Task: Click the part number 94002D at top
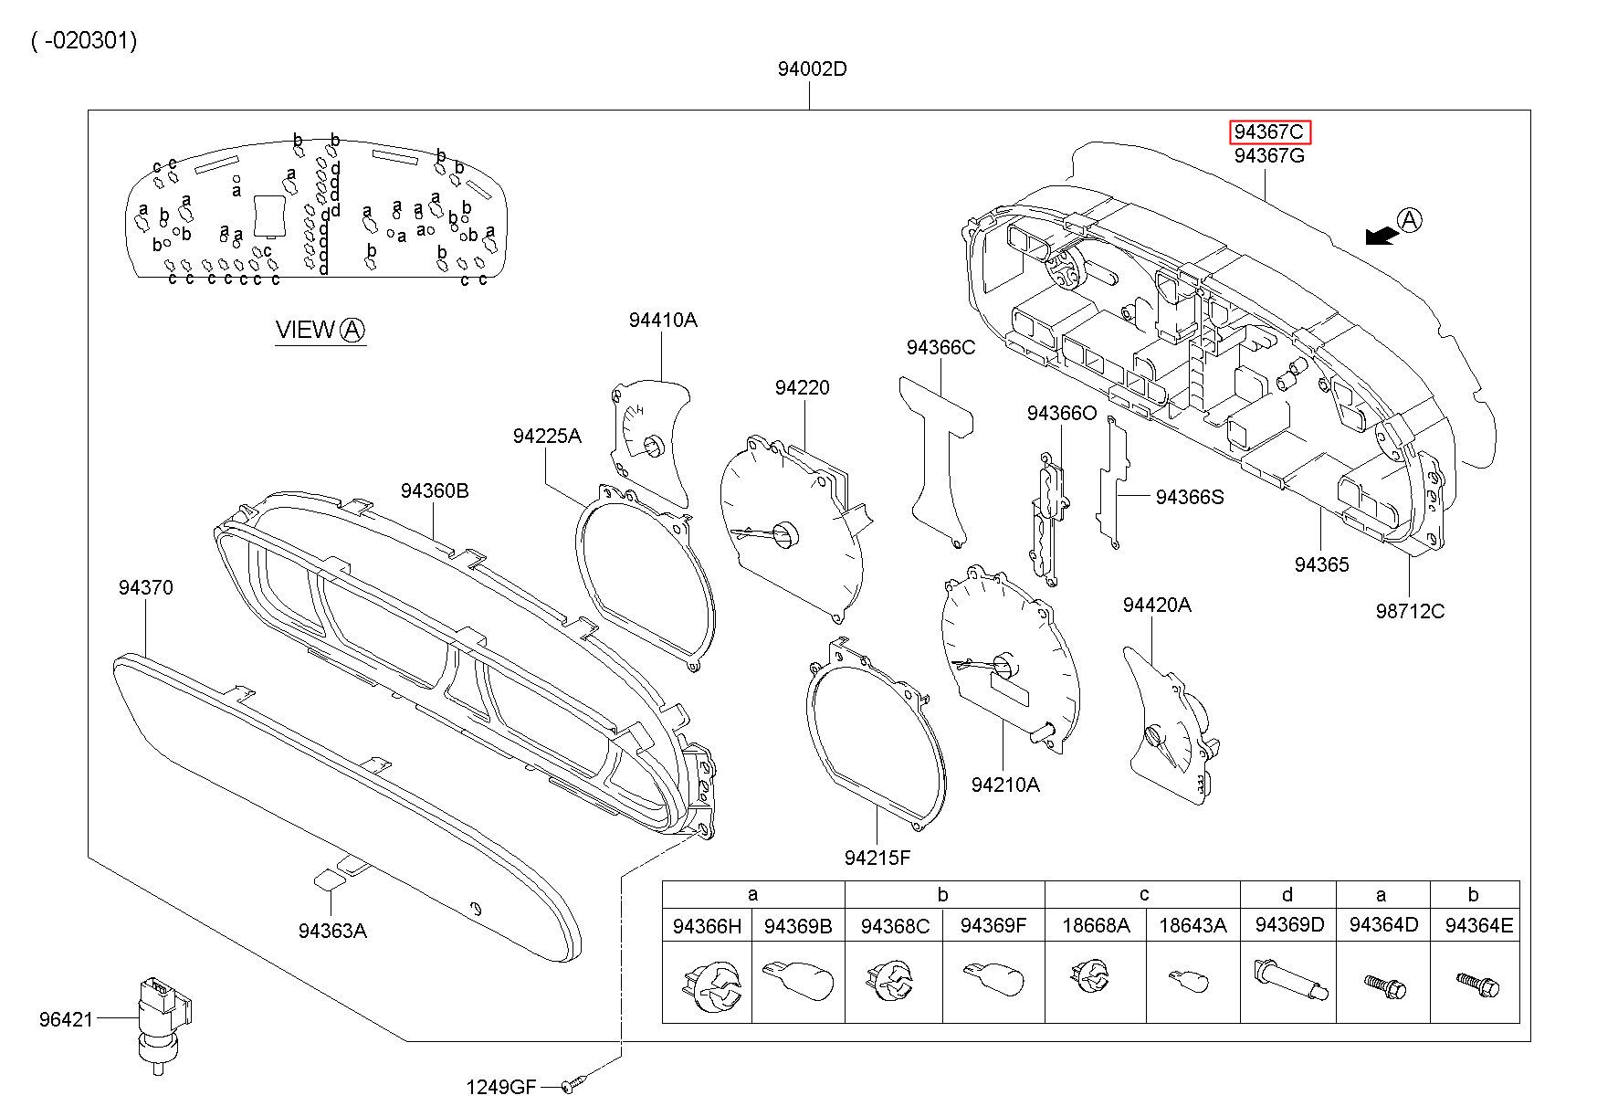click(x=812, y=69)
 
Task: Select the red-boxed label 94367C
click(x=1268, y=132)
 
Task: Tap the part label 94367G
click(x=1269, y=156)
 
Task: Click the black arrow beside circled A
click(x=1381, y=236)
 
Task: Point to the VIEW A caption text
click(x=320, y=331)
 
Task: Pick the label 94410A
click(x=662, y=320)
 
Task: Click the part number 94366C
click(x=940, y=348)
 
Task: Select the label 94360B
click(x=435, y=491)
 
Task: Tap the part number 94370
click(x=145, y=588)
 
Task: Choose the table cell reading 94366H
click(x=707, y=926)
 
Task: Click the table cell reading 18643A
click(x=1192, y=926)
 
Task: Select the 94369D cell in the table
click(x=1289, y=925)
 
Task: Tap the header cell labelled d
click(x=1287, y=895)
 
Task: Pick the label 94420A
click(x=1157, y=606)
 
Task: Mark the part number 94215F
click(x=877, y=858)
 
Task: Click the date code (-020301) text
click(x=84, y=41)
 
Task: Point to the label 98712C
click(x=1410, y=611)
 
